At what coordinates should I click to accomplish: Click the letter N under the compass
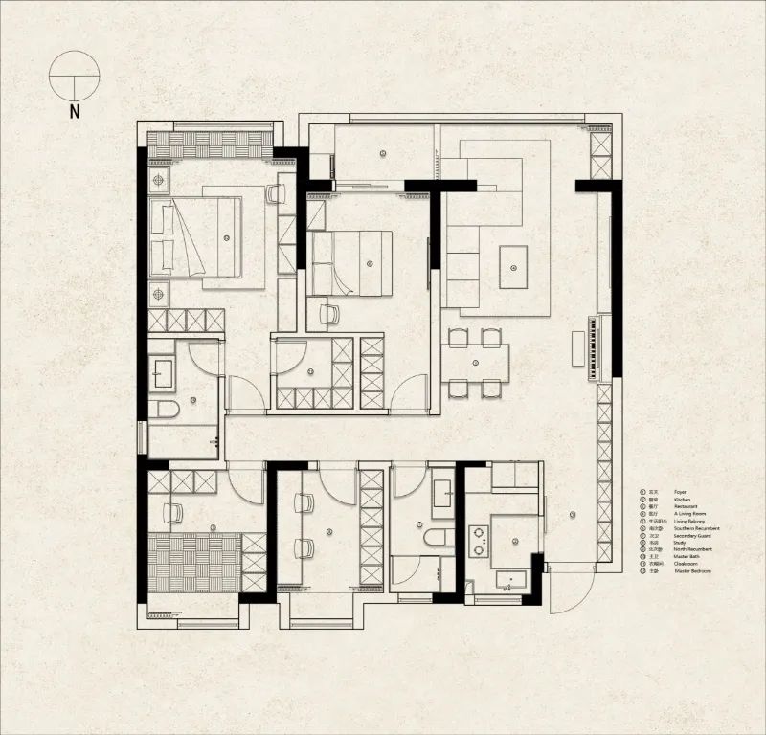(x=75, y=110)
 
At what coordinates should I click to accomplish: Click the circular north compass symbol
(x=75, y=76)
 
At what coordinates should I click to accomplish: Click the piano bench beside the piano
(x=577, y=347)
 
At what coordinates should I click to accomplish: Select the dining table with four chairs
(x=476, y=362)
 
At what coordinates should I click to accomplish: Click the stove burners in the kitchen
(x=478, y=541)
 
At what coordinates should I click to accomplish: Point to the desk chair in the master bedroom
(x=276, y=194)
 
